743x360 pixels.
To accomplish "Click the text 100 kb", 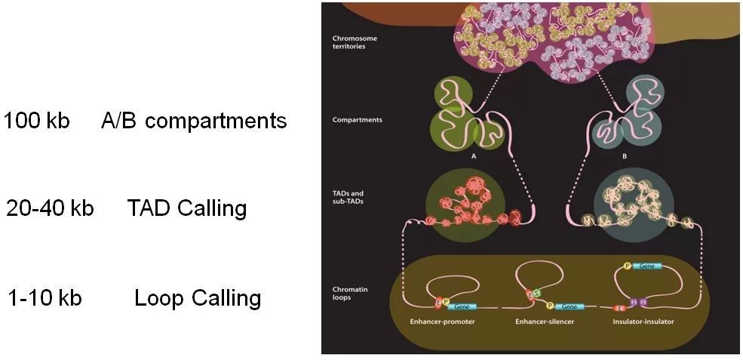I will point(37,121).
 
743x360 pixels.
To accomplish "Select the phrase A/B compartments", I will point(194,121).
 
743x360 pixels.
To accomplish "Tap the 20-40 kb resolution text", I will point(50,208).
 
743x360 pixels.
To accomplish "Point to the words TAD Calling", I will point(187,208).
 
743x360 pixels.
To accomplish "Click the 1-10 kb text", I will point(45,297).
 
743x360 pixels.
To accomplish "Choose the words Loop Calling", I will point(198,298).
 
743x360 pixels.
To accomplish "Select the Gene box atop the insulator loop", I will point(647,266).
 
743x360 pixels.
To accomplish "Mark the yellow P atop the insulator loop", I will point(627,266).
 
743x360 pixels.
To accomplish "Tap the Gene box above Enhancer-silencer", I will point(570,306).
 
